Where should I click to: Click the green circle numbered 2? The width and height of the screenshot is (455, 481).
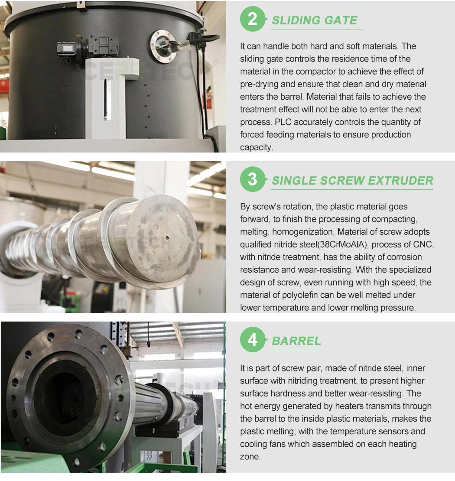253,19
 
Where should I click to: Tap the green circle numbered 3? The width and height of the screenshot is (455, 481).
253,179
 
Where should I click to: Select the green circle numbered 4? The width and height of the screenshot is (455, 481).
253,340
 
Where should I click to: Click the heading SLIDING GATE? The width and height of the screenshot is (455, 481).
315,20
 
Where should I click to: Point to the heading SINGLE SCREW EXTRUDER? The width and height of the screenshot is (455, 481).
353,181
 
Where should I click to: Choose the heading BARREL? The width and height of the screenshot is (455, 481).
296,341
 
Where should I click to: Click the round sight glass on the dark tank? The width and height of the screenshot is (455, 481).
163,47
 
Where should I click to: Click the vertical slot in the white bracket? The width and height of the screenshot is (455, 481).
106,99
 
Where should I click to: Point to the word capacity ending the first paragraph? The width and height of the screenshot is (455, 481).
256,148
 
